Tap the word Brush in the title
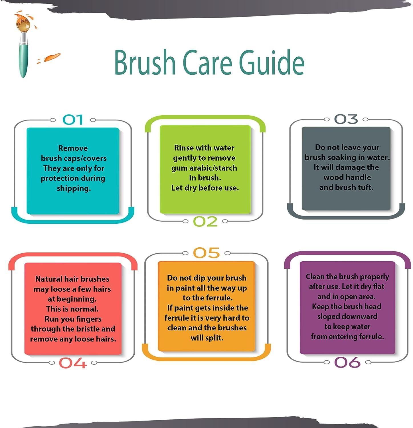[x=145, y=62]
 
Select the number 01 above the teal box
[x=73, y=120]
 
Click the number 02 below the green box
[x=205, y=221]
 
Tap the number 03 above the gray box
[x=346, y=119]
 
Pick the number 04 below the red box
[x=73, y=363]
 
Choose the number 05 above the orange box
[x=206, y=253]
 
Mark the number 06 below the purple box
[x=347, y=362]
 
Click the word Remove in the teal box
[x=73, y=148]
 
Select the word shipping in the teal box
[x=74, y=189]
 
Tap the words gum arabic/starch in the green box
[x=204, y=168]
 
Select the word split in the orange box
[x=214, y=338]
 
